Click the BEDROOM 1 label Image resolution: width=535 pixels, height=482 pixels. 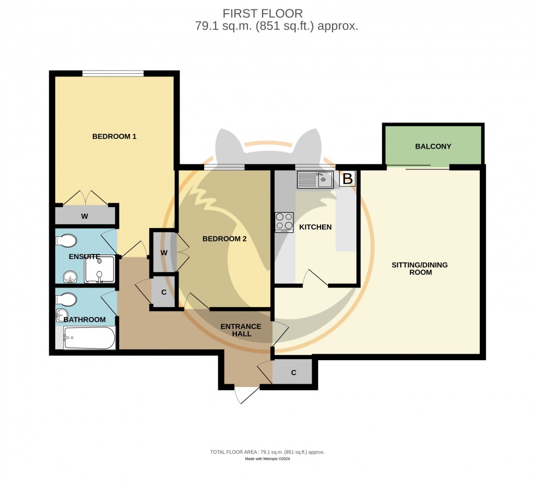point(114,136)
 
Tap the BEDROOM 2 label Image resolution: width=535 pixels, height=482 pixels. point(224,238)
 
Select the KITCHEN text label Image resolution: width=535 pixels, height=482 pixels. point(316,227)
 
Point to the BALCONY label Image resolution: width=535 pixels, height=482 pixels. point(433,146)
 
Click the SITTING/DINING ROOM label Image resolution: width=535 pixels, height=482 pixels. point(419,268)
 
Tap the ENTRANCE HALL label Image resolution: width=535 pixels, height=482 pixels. point(241,330)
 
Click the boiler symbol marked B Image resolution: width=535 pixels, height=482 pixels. point(347,179)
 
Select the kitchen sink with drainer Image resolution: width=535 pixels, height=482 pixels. point(316,179)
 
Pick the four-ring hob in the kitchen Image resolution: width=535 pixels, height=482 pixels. point(284,222)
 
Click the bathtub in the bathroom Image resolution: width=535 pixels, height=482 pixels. point(89,338)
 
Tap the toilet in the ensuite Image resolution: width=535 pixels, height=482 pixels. point(66,241)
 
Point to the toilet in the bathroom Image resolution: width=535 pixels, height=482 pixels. point(66,299)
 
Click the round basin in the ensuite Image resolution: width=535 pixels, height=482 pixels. point(70,277)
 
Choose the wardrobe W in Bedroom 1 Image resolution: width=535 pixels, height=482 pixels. point(85,216)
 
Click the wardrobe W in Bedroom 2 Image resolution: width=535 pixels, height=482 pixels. point(164,252)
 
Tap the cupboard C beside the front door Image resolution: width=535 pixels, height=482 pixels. point(293,373)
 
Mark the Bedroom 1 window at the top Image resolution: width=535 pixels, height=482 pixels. point(113,73)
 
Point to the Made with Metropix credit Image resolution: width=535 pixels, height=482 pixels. point(267,459)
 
